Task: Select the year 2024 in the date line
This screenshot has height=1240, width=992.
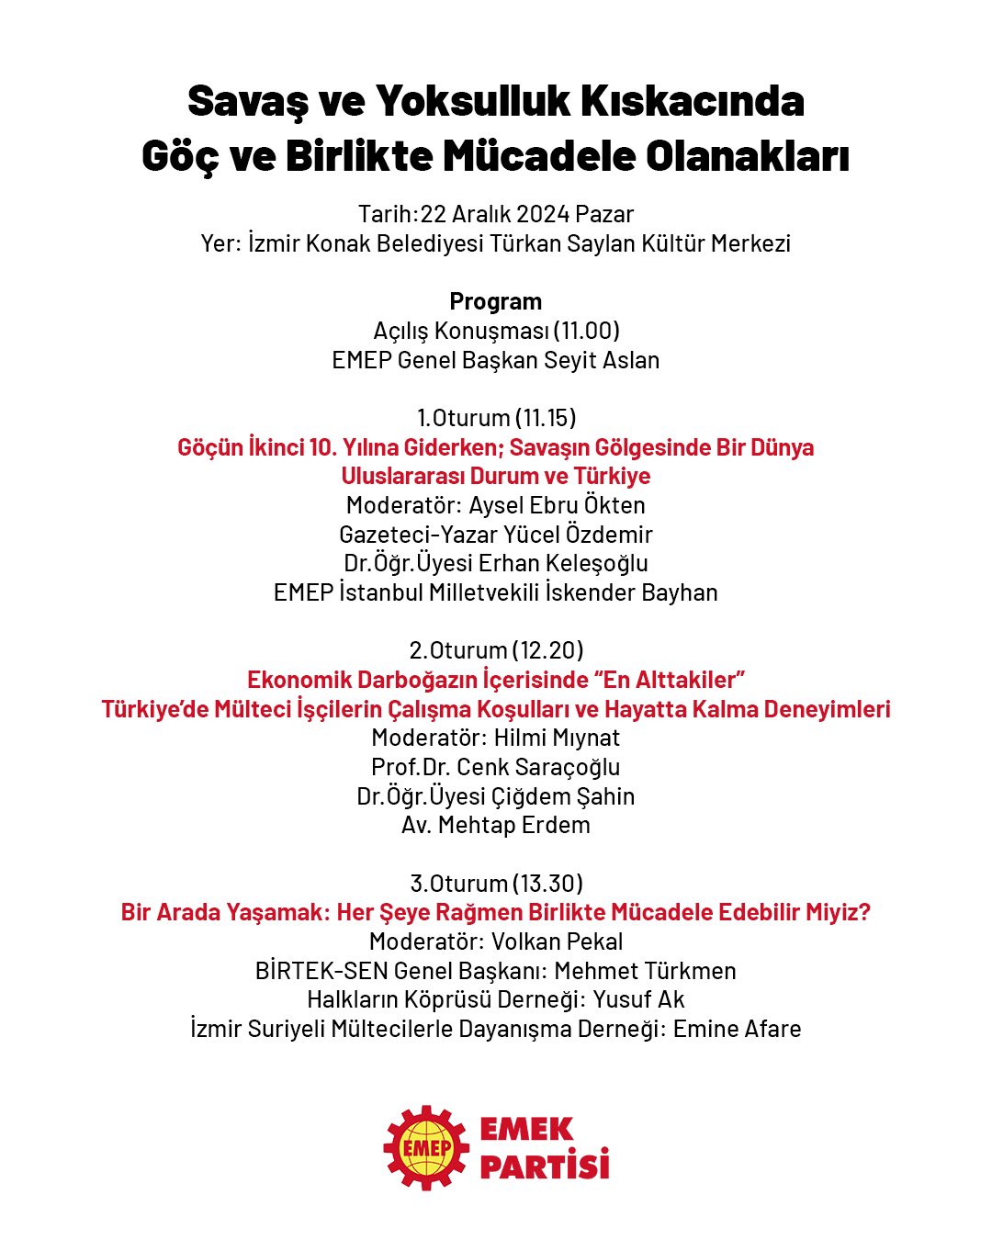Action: pyautogui.click(x=543, y=214)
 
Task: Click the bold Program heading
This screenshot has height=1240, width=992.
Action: pyautogui.click(x=495, y=301)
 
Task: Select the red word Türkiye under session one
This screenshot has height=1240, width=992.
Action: pyautogui.click(x=612, y=476)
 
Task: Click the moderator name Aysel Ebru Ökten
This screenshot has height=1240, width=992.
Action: pyautogui.click(x=557, y=505)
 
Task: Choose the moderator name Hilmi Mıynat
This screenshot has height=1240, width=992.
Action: pyautogui.click(x=557, y=738)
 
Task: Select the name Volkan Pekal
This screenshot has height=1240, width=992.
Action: pyautogui.click(x=557, y=941)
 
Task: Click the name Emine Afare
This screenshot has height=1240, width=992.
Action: pyautogui.click(x=737, y=1029)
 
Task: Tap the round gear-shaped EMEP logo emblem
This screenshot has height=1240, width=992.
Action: pyautogui.click(x=427, y=1147)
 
